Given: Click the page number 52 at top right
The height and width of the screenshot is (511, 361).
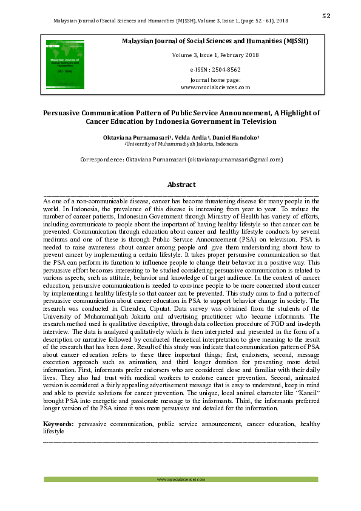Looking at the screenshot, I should coord(326,16).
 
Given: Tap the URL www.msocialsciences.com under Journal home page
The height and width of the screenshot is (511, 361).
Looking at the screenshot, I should coord(215,87).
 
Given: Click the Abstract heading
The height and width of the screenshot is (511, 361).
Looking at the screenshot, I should coord(181,184).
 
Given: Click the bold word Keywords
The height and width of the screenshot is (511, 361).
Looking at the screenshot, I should coord(59,425).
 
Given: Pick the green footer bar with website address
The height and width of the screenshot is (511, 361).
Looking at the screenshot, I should coord(181,479).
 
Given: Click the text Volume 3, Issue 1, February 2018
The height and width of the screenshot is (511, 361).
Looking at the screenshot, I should coord(215,55).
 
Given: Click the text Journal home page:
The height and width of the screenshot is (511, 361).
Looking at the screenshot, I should coord(215,80).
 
